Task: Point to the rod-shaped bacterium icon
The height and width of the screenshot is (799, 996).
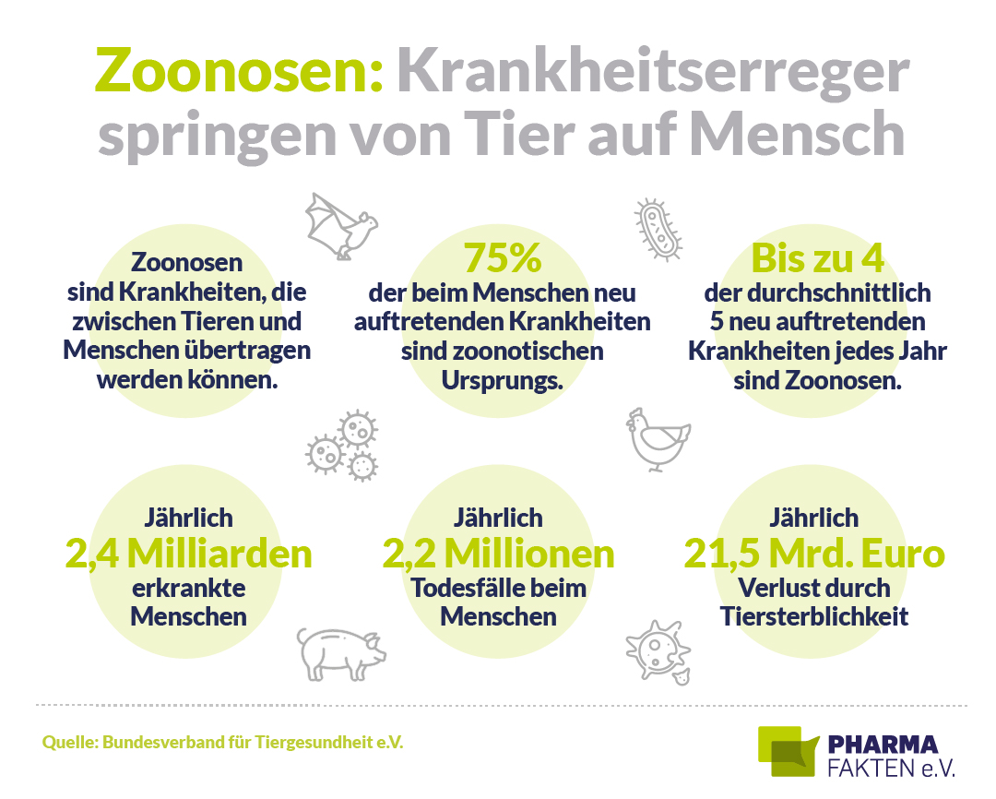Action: click(x=659, y=229)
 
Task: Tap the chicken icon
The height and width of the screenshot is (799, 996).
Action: click(x=658, y=439)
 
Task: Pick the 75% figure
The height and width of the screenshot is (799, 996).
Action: click(x=502, y=259)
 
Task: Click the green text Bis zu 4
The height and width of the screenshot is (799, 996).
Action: click(x=817, y=259)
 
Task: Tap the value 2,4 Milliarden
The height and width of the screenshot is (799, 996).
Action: click(x=188, y=554)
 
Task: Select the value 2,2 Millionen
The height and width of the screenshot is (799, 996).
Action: click(x=498, y=554)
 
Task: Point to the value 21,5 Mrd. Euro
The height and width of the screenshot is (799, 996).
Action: click(x=814, y=554)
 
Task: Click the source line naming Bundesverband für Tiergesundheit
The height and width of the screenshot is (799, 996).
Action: click(x=222, y=742)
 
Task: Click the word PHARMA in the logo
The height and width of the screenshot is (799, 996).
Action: click(x=882, y=745)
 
